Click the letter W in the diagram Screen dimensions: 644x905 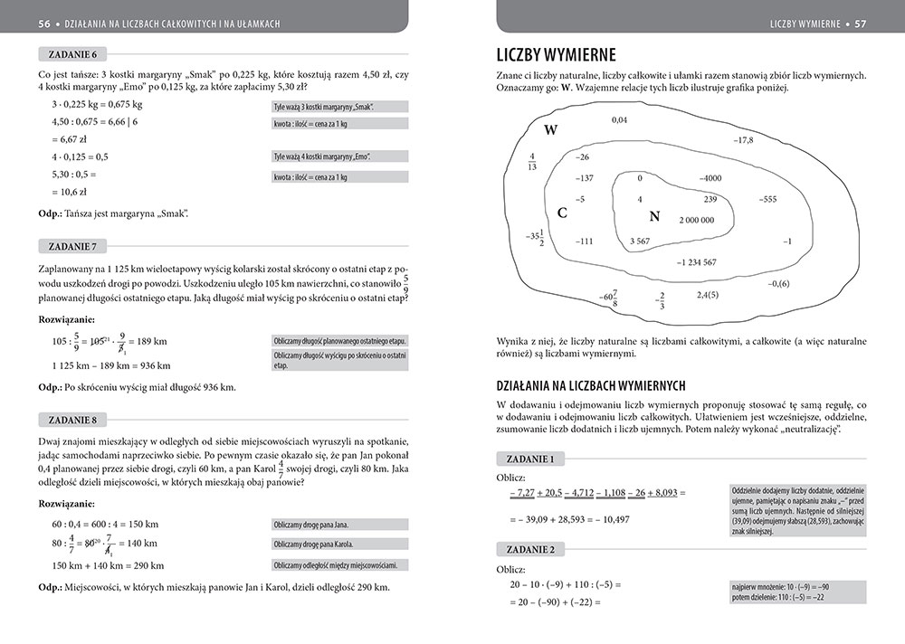click(550, 130)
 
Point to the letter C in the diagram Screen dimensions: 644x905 click(562, 213)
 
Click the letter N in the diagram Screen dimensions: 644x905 click(655, 216)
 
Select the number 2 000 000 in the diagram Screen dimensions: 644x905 click(696, 220)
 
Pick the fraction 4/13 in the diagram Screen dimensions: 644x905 click(532, 161)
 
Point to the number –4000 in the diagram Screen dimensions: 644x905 click(710, 178)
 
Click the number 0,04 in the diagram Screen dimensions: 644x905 click(619, 120)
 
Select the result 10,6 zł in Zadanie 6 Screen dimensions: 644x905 click(69, 192)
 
